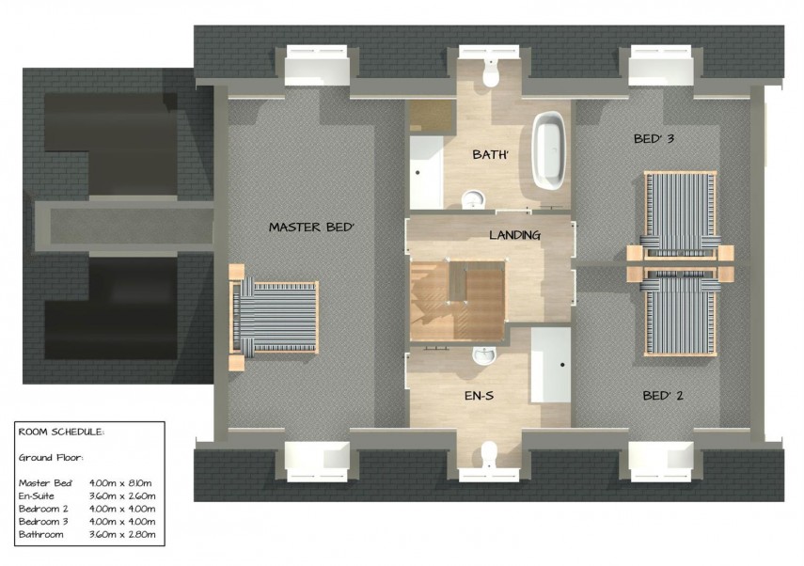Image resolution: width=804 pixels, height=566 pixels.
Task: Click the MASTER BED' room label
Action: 310,227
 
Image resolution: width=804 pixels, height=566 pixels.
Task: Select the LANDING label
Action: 514,235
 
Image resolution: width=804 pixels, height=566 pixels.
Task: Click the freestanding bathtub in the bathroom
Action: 549,150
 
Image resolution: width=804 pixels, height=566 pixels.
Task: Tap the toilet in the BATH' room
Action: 487,71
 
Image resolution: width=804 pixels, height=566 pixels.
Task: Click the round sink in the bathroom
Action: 470,198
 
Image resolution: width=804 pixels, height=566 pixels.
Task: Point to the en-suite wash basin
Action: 483,354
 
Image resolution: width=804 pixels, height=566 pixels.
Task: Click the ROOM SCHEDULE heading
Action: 62,432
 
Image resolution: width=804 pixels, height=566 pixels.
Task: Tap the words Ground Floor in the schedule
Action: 51,458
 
